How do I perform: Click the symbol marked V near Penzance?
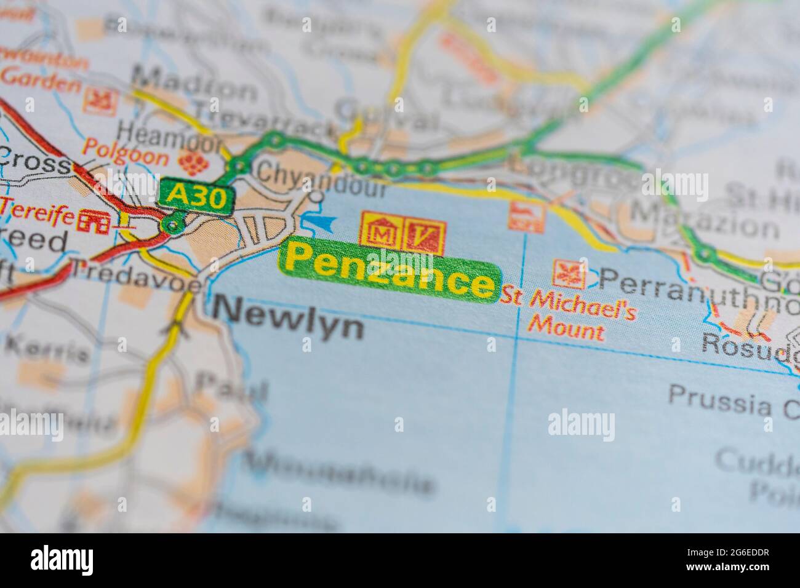(x=424, y=233)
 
